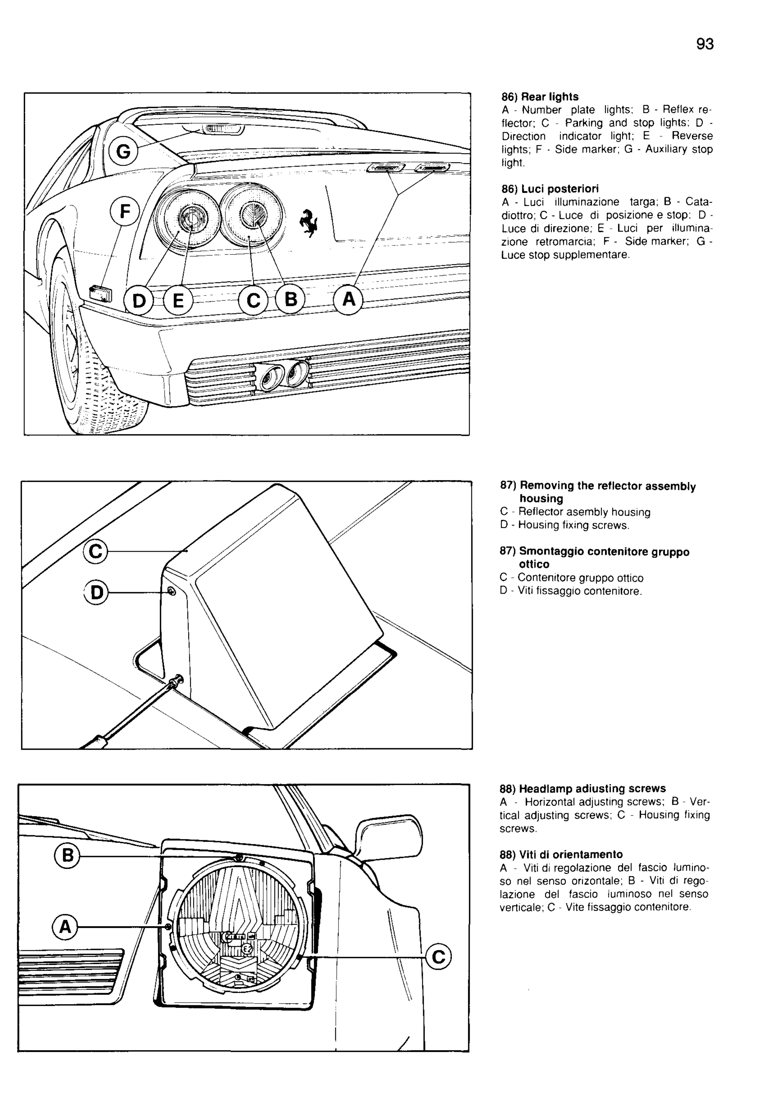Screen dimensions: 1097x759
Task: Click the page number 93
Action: coord(705,44)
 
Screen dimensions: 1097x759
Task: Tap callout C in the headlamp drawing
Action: coord(438,957)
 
